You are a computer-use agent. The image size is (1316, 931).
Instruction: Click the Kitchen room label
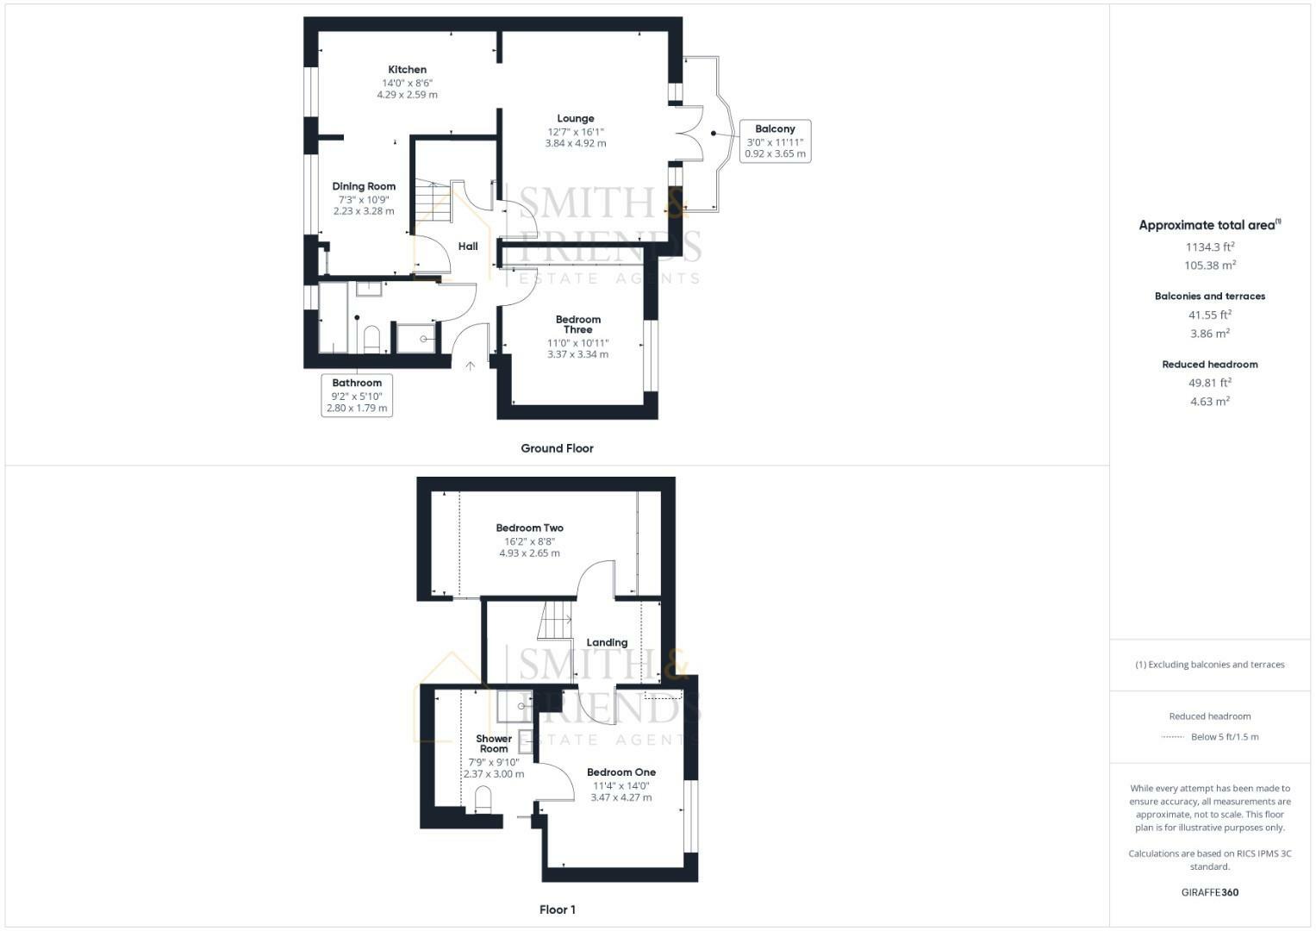click(407, 70)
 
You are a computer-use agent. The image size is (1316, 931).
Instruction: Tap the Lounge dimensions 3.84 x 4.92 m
click(575, 143)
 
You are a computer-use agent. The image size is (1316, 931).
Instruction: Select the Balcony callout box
click(775, 141)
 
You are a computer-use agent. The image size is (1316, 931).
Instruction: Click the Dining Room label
click(364, 186)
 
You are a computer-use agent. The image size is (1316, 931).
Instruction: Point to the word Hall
click(468, 247)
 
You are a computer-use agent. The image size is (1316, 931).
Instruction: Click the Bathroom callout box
click(357, 395)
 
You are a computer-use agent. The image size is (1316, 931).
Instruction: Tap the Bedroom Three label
click(577, 324)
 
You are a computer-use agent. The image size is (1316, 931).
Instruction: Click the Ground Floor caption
click(557, 448)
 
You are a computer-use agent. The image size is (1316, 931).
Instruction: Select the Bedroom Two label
click(529, 528)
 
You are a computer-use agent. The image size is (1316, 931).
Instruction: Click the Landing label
click(607, 642)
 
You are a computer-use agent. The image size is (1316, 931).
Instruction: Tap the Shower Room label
click(494, 743)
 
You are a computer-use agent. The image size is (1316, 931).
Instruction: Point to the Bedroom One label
click(621, 772)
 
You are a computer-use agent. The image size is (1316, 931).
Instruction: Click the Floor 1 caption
click(557, 909)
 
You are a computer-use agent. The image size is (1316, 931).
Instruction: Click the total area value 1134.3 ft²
click(1209, 247)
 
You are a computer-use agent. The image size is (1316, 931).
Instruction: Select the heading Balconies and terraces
click(1209, 296)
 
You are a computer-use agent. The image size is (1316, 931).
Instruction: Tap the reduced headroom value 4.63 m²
click(1209, 402)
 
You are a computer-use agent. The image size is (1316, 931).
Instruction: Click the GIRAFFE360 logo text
click(1209, 892)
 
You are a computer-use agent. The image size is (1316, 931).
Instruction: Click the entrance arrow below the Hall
click(471, 366)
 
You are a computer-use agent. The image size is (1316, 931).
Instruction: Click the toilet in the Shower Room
click(483, 799)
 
